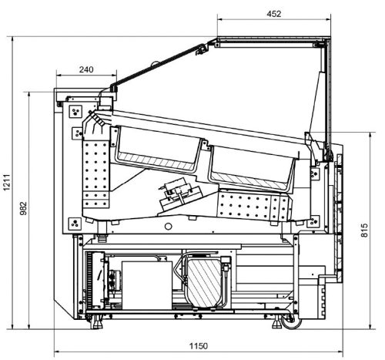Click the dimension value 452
tap(274, 14)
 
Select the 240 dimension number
tap(86, 69)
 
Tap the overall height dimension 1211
tap(7, 182)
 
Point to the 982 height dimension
tap(23, 208)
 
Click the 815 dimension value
tap(364, 230)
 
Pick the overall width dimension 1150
tap(199, 346)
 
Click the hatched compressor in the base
tap(204, 283)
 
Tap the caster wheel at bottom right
tap(291, 322)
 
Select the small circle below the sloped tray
tap(168, 227)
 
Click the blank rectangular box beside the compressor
tap(147, 285)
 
